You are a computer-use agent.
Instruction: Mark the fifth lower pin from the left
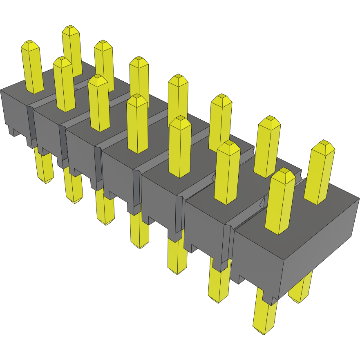177,255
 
